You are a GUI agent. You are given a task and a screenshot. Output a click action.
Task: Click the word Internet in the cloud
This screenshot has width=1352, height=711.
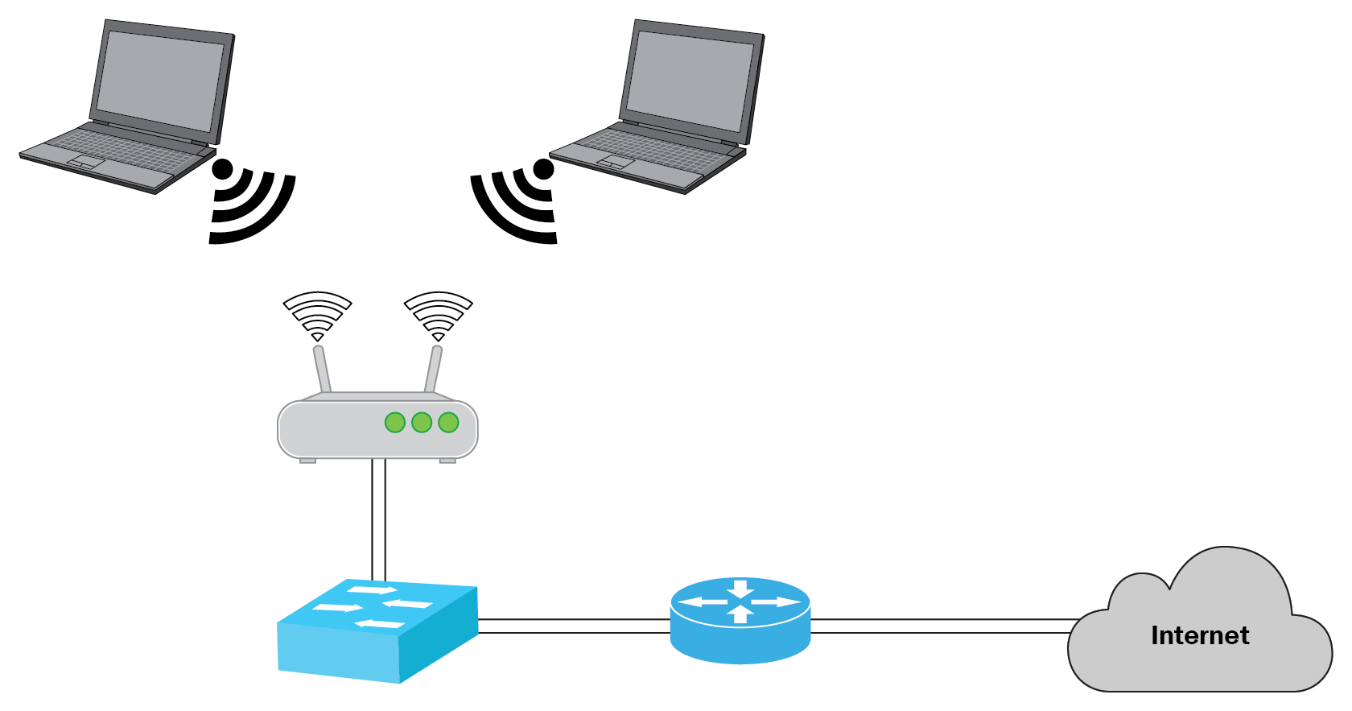pos(1199,635)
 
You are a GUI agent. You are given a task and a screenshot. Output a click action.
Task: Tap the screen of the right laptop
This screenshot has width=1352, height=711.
pos(690,83)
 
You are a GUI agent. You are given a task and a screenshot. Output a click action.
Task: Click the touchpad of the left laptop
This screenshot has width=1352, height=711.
pos(86,163)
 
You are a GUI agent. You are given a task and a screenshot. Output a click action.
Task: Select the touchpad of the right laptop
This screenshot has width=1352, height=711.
pos(616,163)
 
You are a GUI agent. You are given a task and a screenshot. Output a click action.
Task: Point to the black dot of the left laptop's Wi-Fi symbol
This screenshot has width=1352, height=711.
pos(222,169)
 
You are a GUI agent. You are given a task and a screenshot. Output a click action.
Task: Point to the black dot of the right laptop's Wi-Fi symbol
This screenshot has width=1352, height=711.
pos(544,169)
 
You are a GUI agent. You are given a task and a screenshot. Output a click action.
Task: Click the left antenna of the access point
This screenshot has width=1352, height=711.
pos(323,370)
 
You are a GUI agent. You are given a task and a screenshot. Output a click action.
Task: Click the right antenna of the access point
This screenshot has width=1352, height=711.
pos(433,370)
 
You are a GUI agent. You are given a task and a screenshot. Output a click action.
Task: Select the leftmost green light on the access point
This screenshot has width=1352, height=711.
pos(394,423)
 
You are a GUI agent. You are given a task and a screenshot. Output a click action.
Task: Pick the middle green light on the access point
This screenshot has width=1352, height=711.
pos(422,423)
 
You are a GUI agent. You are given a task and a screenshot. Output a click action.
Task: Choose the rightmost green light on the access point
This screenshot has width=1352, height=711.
pos(448,423)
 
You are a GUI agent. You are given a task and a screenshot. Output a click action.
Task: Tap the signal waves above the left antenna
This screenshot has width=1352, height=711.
pos(317,314)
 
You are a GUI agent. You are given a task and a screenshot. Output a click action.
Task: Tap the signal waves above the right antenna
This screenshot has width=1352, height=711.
pos(438,314)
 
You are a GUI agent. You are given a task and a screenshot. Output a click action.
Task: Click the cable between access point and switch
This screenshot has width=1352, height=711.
pos(378,519)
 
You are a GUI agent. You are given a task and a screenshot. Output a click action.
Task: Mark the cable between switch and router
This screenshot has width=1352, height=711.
pos(573,626)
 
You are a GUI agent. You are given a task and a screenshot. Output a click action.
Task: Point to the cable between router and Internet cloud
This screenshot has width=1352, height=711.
pos(942,626)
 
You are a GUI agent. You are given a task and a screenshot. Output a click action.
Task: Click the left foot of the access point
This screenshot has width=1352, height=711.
pos(307,461)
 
